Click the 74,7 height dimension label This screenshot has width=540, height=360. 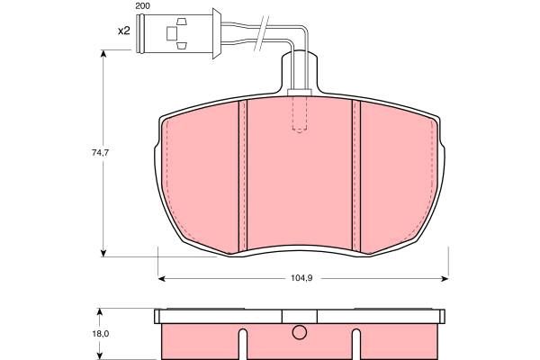(x=100, y=153)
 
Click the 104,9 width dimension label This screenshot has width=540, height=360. (x=301, y=278)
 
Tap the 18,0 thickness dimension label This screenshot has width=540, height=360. (x=100, y=334)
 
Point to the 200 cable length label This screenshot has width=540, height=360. (x=142, y=6)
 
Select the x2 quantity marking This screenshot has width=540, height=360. (x=124, y=31)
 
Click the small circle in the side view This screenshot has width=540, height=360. (x=300, y=332)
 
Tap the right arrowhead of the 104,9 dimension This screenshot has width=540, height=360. (x=445, y=278)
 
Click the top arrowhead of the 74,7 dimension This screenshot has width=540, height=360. (x=103, y=54)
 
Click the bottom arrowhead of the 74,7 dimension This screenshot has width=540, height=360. (x=103, y=253)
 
